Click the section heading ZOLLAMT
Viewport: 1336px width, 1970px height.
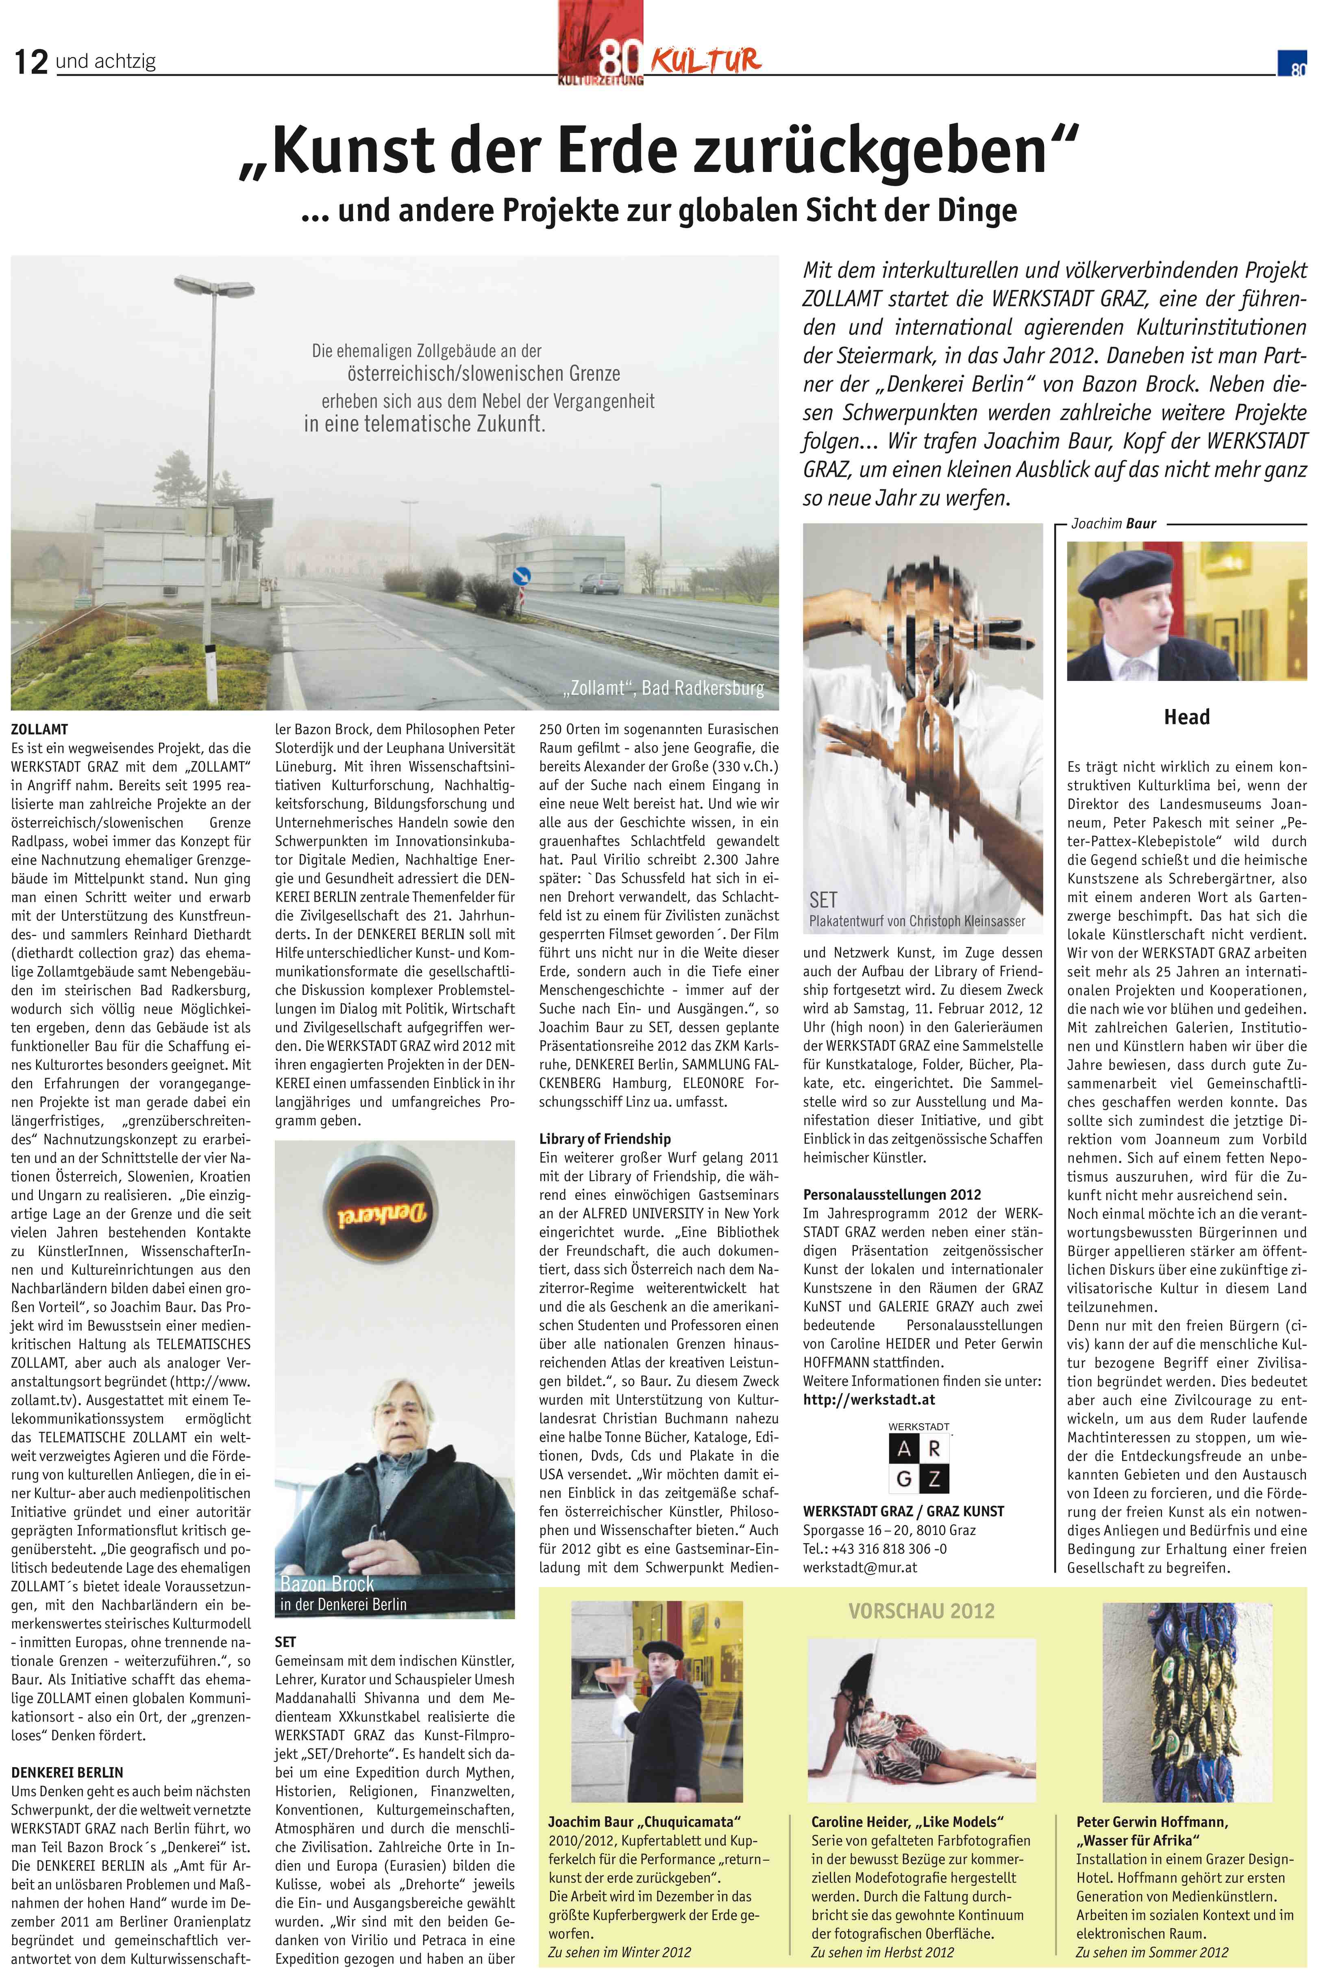(x=39, y=729)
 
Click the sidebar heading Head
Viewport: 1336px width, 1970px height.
(x=1186, y=717)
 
